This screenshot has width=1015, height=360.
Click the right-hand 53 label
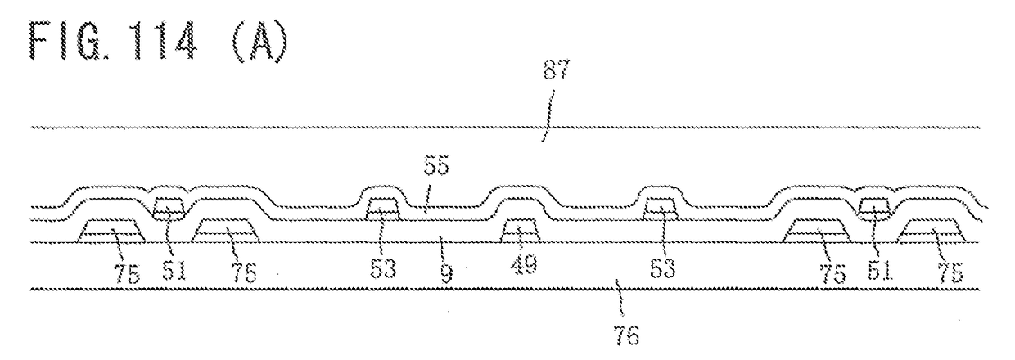pyautogui.click(x=662, y=270)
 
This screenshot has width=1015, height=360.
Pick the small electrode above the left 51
pyautogui.click(x=170, y=207)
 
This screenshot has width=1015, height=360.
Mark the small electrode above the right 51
pyautogui.click(x=876, y=207)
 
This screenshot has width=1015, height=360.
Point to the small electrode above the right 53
pyautogui.click(x=661, y=209)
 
